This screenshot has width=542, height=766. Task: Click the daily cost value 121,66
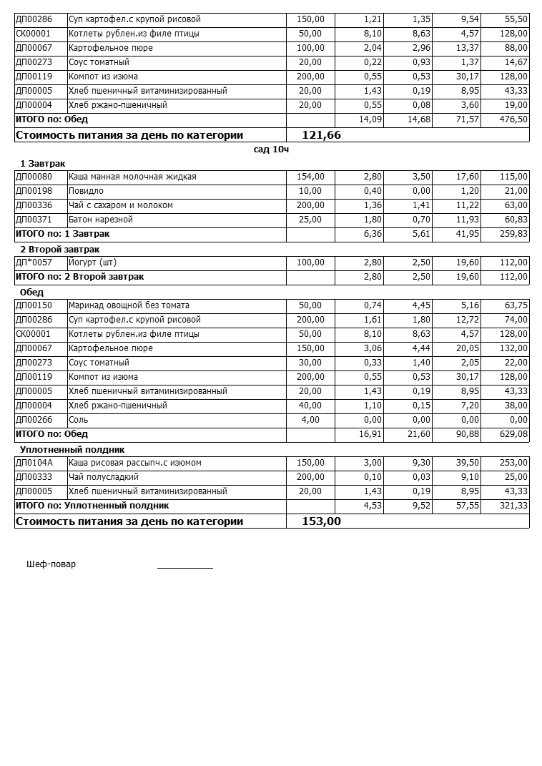click(x=321, y=134)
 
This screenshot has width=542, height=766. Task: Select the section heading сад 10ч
click(x=271, y=149)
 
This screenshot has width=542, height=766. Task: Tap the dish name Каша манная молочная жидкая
click(x=132, y=177)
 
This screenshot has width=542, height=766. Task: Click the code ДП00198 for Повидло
click(x=34, y=191)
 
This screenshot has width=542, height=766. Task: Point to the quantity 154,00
click(x=310, y=177)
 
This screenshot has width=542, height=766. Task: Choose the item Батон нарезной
click(x=100, y=220)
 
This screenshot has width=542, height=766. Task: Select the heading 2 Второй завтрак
click(x=59, y=249)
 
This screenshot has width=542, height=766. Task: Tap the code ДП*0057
click(x=34, y=262)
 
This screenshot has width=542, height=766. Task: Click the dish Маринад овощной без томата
click(x=129, y=305)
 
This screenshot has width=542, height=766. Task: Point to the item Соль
click(x=78, y=420)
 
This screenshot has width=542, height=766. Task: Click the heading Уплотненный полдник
click(x=72, y=449)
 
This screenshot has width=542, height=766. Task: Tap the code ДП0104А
click(x=34, y=463)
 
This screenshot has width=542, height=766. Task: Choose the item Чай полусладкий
click(x=103, y=477)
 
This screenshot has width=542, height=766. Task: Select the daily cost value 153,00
click(x=321, y=521)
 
